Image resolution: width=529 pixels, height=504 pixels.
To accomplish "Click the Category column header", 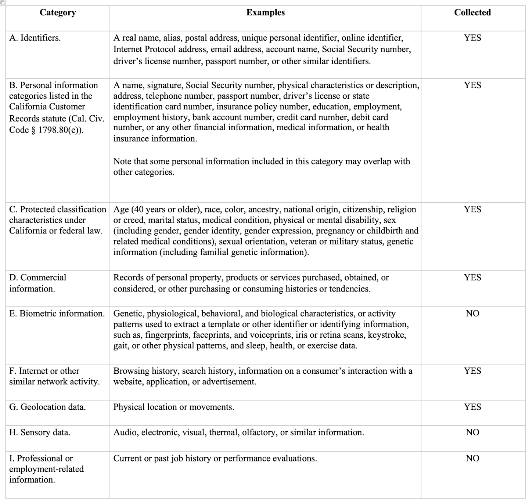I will pos(58,12).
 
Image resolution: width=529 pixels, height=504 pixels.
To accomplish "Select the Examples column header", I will pos(265,12).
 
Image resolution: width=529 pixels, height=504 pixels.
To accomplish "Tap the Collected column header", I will pos(472,12).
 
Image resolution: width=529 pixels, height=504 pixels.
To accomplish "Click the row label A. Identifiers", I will pos(35,38).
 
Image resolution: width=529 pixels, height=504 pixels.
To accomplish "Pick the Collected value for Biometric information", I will pos(472,313).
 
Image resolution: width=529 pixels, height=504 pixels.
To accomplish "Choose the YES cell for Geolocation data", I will pos(472,407).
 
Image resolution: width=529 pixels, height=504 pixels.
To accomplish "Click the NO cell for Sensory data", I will pos(472,432).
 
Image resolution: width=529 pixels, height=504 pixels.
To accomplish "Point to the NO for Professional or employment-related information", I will pos(472,458).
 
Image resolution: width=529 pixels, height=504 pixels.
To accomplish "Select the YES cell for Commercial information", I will pos(472,277).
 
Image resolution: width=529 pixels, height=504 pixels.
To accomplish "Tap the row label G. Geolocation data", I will pos(47,407).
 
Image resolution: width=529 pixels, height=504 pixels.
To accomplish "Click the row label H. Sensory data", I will pos(40,432).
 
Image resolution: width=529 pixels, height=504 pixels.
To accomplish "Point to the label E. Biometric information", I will pos(57,313).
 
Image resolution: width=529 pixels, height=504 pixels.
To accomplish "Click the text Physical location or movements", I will pos(173,407).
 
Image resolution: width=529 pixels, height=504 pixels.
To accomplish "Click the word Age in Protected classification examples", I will pos(121,210).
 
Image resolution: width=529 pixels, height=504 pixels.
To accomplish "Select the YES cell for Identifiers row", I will pos(472,38).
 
